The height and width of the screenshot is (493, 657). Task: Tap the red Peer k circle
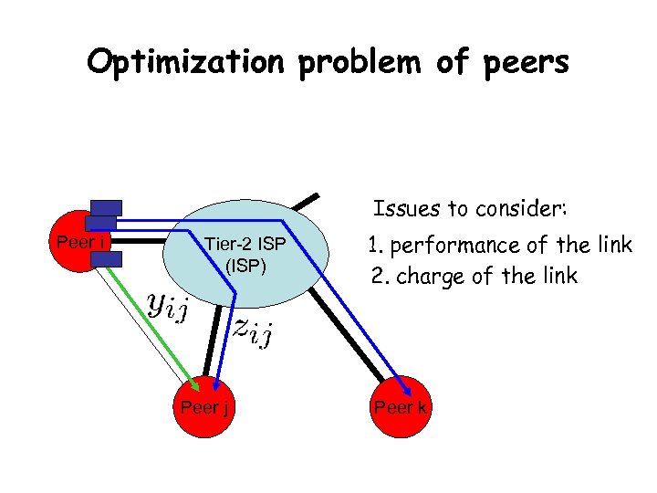(400, 406)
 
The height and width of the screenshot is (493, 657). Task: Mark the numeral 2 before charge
(375, 276)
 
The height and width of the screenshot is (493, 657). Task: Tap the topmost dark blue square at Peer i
(107, 208)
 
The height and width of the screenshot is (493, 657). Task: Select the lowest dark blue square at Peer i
(107, 259)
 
